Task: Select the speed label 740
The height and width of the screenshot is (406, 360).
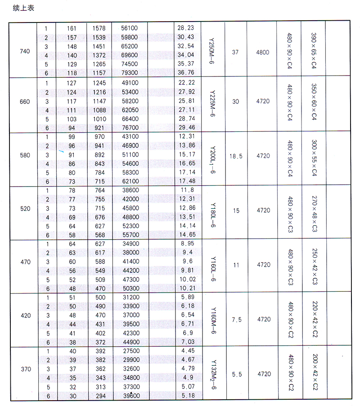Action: pos(25,51)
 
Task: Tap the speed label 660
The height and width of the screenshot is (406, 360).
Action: pos(25,102)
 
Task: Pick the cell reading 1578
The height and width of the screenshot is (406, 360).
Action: pos(99,28)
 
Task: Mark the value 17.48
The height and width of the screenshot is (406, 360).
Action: pos(186,181)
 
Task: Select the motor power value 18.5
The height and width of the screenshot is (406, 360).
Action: pos(235,156)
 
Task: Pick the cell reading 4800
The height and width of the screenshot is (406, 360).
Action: pos(262,53)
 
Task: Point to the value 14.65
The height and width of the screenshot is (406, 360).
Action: pos(186,234)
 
